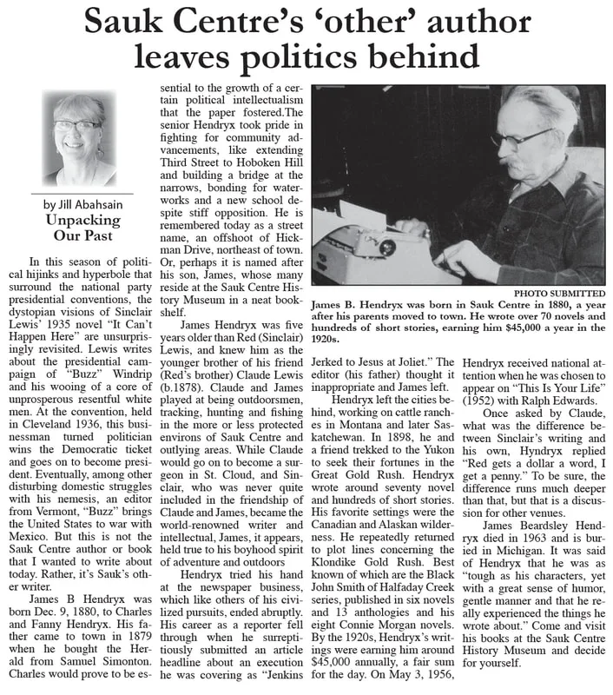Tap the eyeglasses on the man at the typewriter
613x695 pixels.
(521, 138)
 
